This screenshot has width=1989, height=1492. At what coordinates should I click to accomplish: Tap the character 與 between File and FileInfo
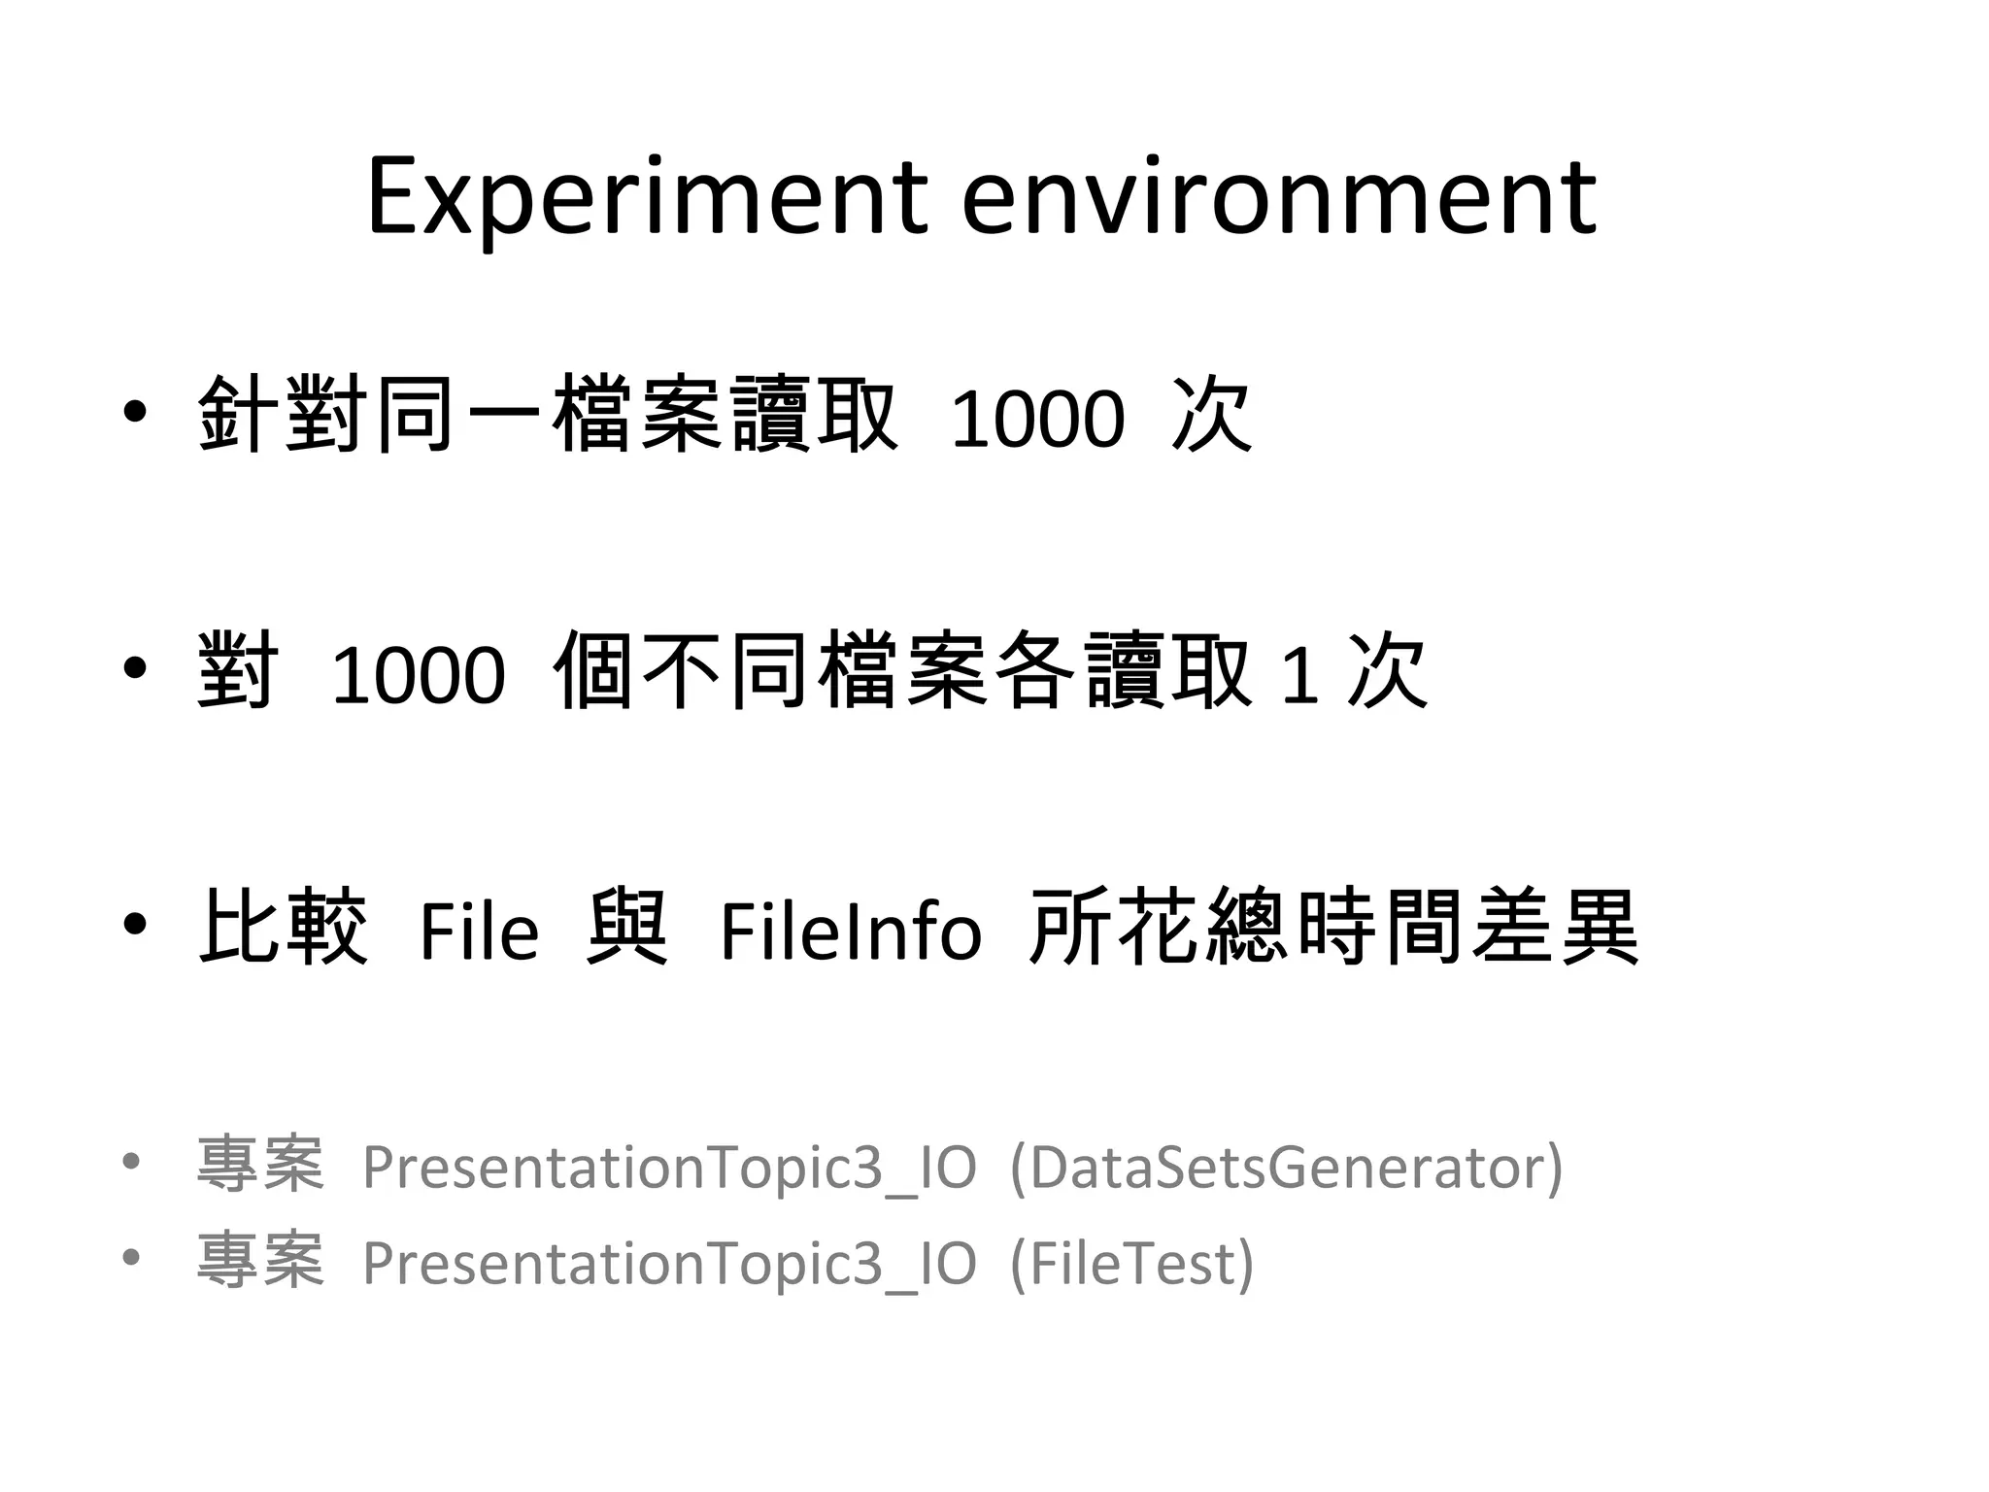[627, 928]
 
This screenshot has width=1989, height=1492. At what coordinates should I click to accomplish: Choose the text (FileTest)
[1132, 1264]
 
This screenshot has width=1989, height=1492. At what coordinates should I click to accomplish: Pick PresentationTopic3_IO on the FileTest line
[669, 1264]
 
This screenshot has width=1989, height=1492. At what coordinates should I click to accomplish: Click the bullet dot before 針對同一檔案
[135, 413]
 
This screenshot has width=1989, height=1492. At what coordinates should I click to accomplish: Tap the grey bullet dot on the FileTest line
[131, 1258]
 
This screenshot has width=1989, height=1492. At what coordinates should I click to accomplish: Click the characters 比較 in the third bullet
[283, 928]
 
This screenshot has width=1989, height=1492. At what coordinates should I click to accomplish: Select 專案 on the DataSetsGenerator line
[259, 1165]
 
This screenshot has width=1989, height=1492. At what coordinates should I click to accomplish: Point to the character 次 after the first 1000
[1212, 416]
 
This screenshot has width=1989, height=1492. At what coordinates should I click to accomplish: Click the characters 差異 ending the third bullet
[1555, 928]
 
